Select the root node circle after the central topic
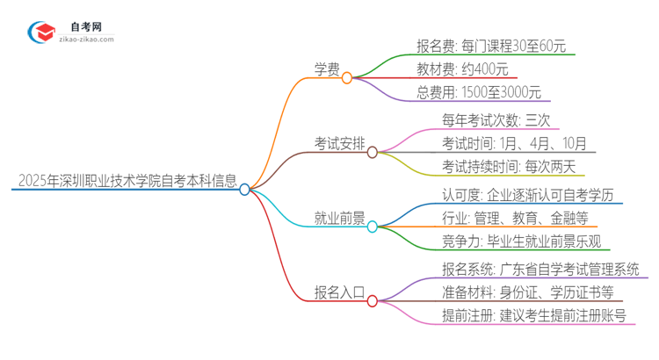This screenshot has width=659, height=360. [x=245, y=189]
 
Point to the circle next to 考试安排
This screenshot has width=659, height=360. [x=373, y=152]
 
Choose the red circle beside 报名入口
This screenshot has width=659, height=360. [x=373, y=300]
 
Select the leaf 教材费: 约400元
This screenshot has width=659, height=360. [x=462, y=68]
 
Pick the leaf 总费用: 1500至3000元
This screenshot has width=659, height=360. [x=480, y=92]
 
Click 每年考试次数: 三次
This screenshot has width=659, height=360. [x=496, y=119]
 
